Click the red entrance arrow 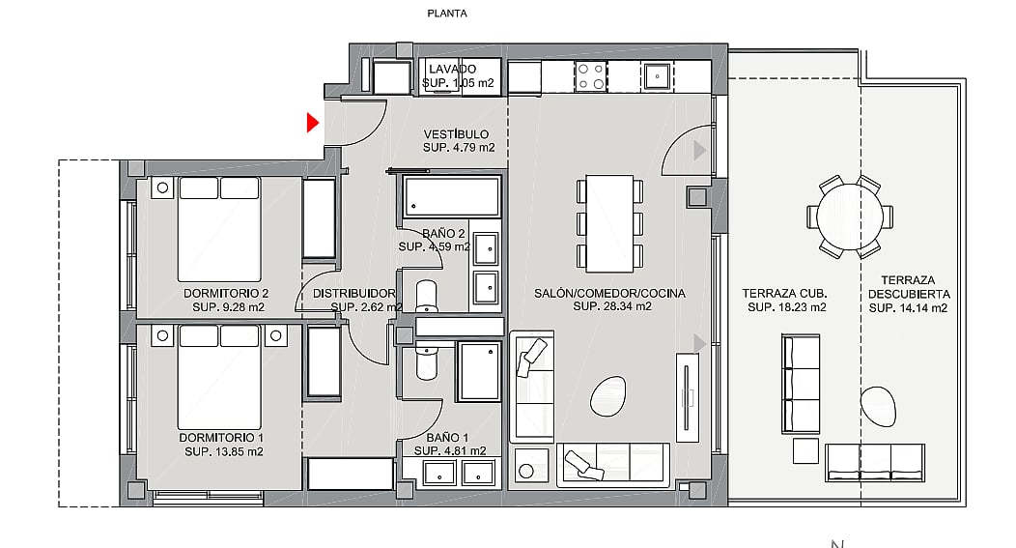click(313, 123)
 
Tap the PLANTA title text click(447, 13)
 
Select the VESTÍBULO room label click(456, 134)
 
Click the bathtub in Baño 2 click(452, 196)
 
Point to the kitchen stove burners click(591, 76)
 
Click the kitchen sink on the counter click(657, 76)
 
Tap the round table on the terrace click(850, 216)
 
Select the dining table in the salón click(609, 223)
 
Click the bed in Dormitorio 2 click(219, 229)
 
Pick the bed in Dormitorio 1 click(219, 377)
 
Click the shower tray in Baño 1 click(479, 371)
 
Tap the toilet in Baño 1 click(426, 361)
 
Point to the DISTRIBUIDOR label click(353, 293)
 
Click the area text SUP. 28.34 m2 click(612, 306)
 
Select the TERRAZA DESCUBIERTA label click(908, 287)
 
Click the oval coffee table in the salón click(608, 397)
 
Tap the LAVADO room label click(452, 69)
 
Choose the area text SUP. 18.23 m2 click(786, 307)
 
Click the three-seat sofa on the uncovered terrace click(875, 462)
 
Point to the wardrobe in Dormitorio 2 click(320, 218)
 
